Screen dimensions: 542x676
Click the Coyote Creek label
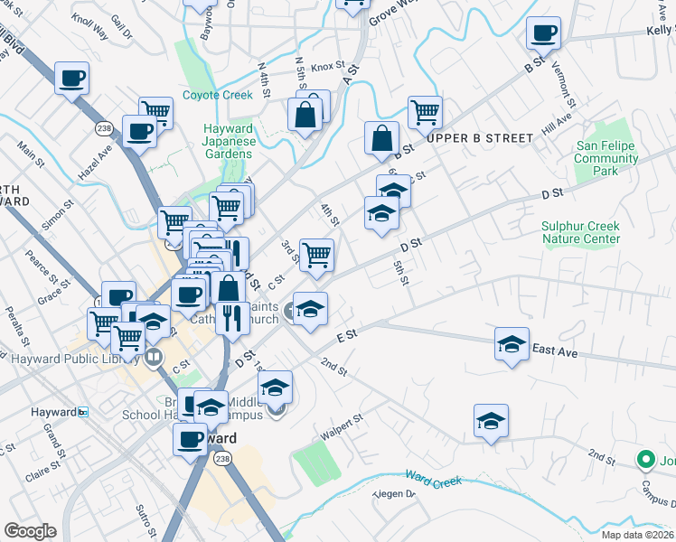pos(217,95)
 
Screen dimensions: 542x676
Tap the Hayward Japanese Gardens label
pos(228,141)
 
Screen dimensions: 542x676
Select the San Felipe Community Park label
pos(606,157)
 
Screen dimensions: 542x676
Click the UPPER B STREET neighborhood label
pos(479,138)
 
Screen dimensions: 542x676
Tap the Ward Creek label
pos(434,478)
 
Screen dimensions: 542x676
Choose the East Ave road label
pos(555,351)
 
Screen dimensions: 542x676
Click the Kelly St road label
pos(661,30)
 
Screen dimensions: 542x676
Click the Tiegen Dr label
pos(395,494)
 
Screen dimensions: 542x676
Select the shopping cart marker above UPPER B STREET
pos(425,112)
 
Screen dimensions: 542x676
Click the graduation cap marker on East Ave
pos(512,343)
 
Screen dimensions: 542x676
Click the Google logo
pos(30,531)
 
